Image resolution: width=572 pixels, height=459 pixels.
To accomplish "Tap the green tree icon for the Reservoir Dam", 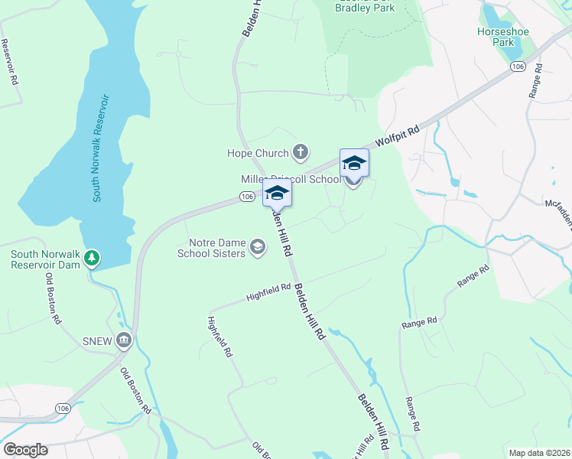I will point(92,259).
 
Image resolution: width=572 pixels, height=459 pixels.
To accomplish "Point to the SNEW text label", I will point(98,340).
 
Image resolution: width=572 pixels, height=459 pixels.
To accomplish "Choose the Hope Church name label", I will point(258,153).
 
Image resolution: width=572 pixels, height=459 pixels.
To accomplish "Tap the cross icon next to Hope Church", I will point(300,151).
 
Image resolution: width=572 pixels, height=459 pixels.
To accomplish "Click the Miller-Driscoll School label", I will point(291,180).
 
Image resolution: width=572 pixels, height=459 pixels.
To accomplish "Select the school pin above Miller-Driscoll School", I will point(354,163).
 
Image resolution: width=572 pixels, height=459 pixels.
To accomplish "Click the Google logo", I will point(25,450).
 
